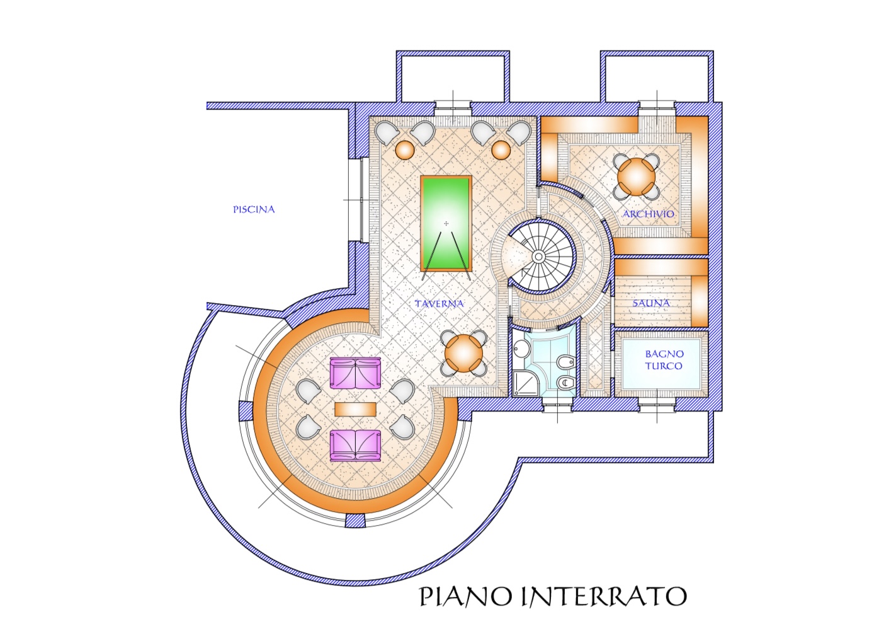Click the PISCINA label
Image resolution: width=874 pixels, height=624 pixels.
tap(254, 209)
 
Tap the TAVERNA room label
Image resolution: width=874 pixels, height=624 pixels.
tap(439, 303)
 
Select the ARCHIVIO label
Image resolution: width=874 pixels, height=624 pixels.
tap(648, 214)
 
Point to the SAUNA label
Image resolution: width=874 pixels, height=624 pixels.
tap(651, 303)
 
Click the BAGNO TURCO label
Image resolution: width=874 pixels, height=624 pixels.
tap(664, 360)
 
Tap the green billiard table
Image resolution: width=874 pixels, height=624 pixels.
tap(446, 223)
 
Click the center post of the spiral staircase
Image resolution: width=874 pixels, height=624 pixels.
tap(538, 257)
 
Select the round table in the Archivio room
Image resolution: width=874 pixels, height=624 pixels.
tap(637, 176)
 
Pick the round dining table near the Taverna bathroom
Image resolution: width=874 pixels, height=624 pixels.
tap(464, 354)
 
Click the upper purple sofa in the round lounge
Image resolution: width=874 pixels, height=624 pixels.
tap(355, 373)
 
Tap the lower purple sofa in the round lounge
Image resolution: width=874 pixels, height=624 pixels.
tap(355, 446)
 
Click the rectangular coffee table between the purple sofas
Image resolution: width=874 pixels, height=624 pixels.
tap(355, 409)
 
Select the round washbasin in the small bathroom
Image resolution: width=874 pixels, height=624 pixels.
tap(521, 347)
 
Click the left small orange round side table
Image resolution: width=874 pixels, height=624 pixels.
tap(405, 149)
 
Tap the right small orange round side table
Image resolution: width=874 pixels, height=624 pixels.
tap(501, 149)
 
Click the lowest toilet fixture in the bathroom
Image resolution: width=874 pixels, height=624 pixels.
tap(565, 383)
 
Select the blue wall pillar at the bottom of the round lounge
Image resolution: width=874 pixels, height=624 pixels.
tap(355, 521)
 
